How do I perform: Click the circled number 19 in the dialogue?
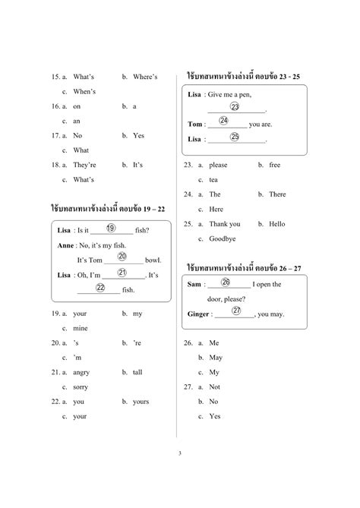(111, 229)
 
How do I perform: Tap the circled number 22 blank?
(100, 287)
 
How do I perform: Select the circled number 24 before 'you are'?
(223, 120)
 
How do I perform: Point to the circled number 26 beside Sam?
(226, 282)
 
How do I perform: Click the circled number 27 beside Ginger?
(236, 311)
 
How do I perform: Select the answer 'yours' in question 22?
(141, 401)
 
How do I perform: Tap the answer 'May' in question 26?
(216, 357)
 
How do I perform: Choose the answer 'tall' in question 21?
(137, 372)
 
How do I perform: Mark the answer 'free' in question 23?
(274, 165)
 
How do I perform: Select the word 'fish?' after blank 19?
(141, 231)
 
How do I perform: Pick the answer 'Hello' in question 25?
(276, 224)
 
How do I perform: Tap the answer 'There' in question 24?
(277, 194)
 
